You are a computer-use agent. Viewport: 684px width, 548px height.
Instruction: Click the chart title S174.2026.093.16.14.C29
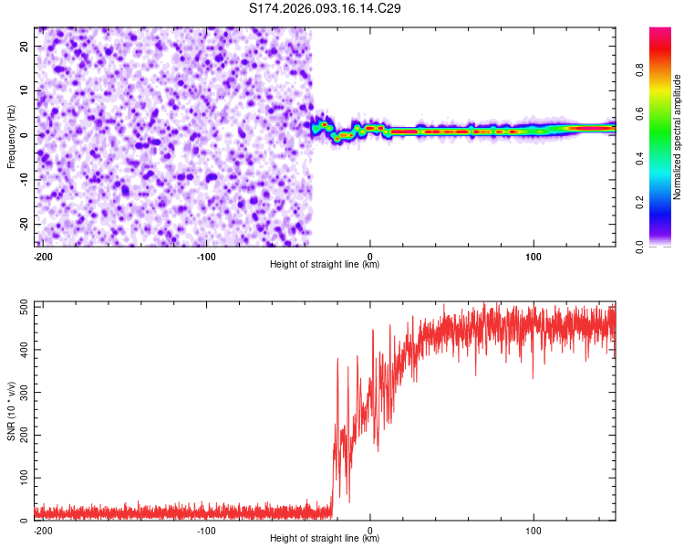(x=326, y=8)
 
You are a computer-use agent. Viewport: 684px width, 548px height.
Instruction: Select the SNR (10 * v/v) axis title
(x=11, y=411)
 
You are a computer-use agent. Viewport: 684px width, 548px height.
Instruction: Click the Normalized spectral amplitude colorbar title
(x=678, y=137)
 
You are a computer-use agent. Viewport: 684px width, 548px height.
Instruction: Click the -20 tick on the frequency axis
(x=23, y=224)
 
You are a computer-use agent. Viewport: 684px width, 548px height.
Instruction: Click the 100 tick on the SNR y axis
(x=21, y=478)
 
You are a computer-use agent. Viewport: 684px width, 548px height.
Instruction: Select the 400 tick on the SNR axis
(x=21, y=350)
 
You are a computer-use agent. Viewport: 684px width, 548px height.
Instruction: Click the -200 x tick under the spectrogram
(x=43, y=256)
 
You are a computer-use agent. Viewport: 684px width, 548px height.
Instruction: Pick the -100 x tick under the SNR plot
(x=206, y=530)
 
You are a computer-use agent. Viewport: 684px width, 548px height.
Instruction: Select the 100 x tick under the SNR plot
(x=533, y=530)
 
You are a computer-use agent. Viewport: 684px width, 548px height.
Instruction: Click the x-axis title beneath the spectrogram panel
(x=325, y=265)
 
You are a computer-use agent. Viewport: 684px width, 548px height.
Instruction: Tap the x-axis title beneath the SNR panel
(x=325, y=539)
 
